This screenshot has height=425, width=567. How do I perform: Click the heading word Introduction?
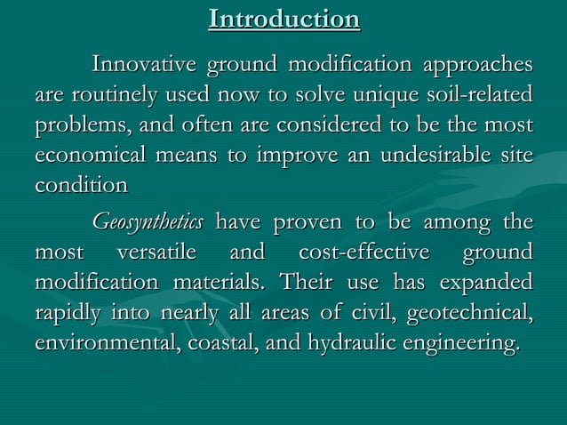coord(284,20)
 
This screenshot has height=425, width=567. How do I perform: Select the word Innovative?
coord(146,66)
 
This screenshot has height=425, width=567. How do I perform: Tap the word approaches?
coord(479,66)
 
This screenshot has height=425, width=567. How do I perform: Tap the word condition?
coord(81,187)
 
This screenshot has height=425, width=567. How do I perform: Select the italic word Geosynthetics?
coord(148,222)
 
